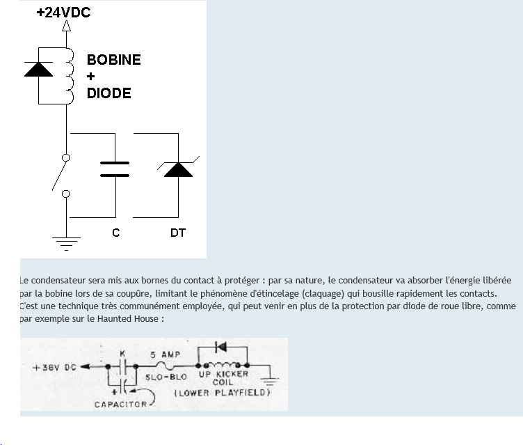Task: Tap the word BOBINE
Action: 113,60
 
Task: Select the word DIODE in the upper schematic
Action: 108,93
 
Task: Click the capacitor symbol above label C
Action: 115,169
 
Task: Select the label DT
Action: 178,233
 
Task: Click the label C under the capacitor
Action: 115,233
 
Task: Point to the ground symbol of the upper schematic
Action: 67,243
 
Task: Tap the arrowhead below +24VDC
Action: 67,27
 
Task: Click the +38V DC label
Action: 55,368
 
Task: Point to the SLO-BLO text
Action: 166,376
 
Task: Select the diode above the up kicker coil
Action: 221,346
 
